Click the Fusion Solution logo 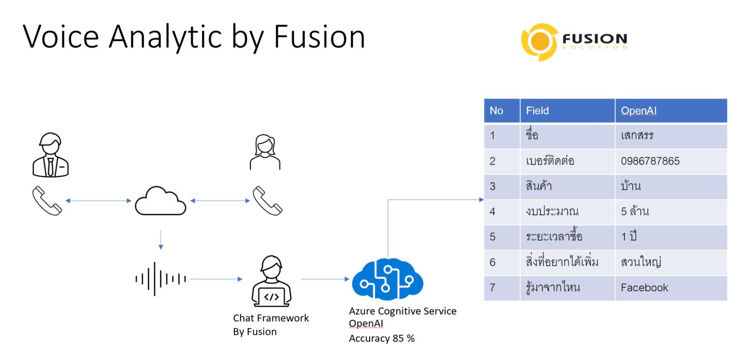574,43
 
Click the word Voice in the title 61,37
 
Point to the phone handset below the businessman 47,201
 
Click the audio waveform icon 160,279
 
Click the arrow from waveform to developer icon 216,279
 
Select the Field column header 537,111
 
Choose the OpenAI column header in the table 639,111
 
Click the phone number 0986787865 650,161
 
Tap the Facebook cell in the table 644,287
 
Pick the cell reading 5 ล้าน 635,211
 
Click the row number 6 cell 492,262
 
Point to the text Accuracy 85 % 382,338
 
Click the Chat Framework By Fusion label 270,325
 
